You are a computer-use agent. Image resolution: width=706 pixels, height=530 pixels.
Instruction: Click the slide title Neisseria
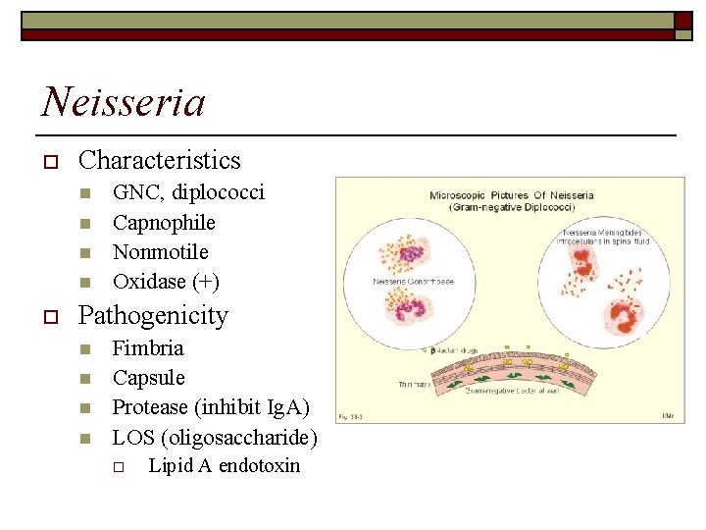124,101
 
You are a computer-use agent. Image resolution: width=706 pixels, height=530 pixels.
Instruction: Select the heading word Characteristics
159,160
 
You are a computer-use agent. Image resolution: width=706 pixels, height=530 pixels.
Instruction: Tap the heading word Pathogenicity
153,316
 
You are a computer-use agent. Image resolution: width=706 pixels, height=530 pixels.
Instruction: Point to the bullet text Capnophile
164,223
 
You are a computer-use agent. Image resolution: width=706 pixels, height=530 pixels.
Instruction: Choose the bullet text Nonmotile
161,252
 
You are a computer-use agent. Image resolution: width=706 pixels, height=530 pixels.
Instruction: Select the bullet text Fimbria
148,348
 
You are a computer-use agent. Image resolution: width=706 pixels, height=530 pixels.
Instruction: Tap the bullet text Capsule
149,378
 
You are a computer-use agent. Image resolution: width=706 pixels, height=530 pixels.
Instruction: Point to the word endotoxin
260,466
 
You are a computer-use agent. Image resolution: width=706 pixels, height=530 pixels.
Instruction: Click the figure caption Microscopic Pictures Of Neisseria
511,195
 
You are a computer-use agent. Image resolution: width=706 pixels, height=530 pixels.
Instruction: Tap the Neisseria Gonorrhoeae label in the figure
413,282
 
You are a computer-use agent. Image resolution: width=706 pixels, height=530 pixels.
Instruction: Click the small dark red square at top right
683,21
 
